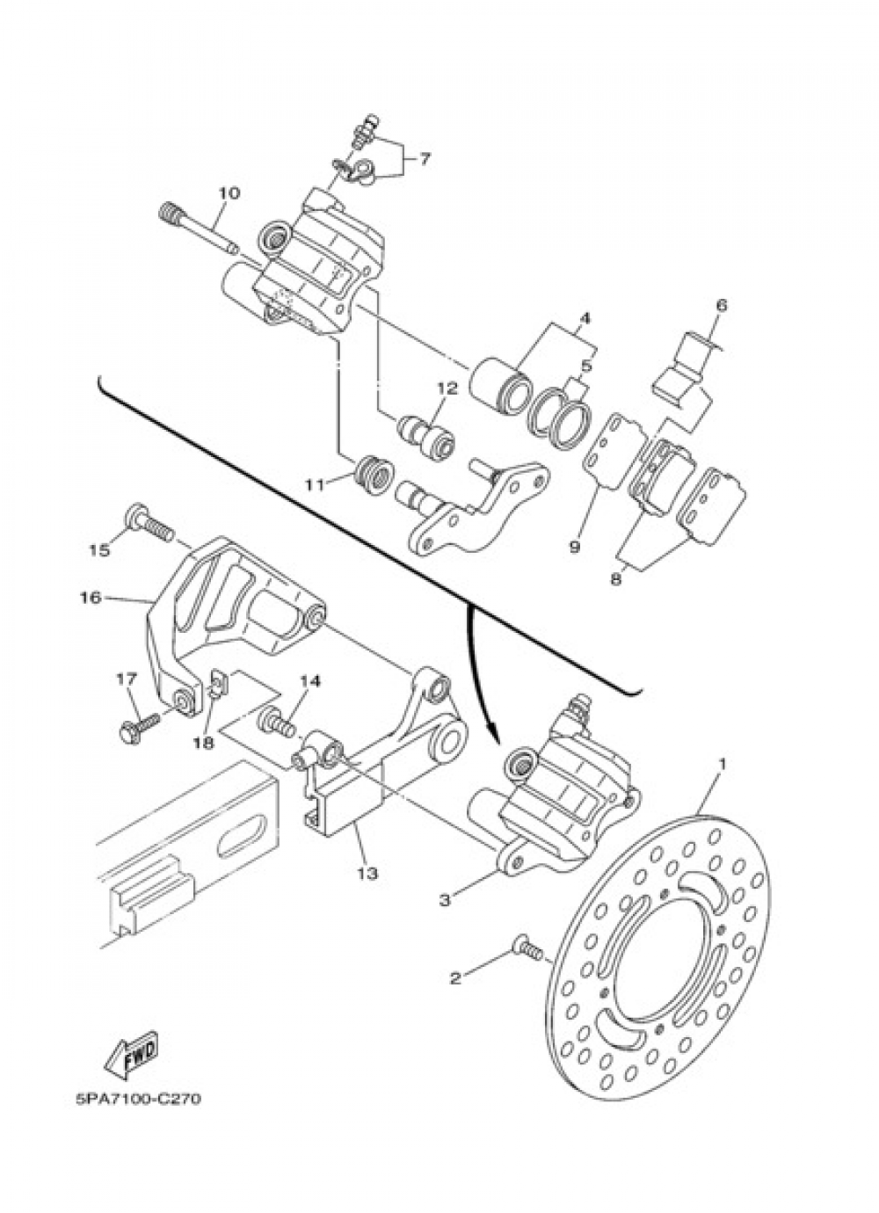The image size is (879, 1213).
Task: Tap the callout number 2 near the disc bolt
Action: [454, 978]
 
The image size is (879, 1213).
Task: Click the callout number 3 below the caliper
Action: [446, 899]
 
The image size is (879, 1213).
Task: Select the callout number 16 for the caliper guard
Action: [90, 598]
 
